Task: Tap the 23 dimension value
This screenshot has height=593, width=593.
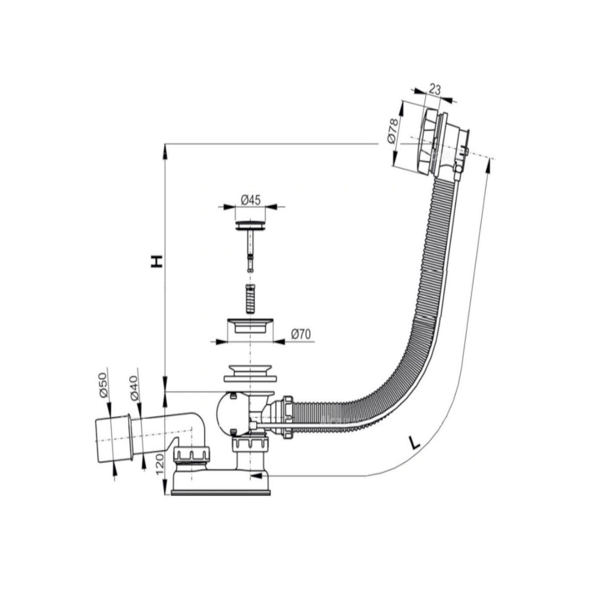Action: [x=434, y=90]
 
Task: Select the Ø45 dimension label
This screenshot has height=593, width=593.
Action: [x=251, y=200]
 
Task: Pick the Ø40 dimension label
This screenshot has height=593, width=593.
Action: [x=134, y=388]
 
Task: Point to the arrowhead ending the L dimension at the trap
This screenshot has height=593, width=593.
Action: [x=256, y=484]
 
